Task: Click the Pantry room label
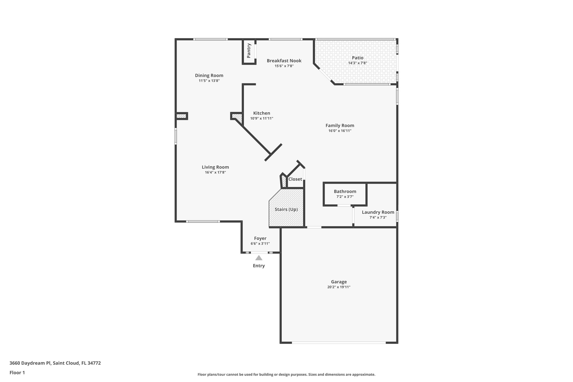(249, 51)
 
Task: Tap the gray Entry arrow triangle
(259, 258)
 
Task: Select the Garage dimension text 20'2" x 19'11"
(339, 287)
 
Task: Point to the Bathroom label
(345, 191)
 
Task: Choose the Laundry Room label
(378, 212)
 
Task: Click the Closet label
(295, 179)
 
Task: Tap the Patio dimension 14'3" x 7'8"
(358, 63)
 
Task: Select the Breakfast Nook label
(284, 61)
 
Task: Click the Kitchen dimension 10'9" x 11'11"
(262, 118)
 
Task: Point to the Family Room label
(340, 125)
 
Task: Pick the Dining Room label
(209, 75)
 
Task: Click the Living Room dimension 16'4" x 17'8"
(215, 172)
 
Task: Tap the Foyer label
(260, 238)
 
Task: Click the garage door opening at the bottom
(339, 343)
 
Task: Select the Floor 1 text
(17, 372)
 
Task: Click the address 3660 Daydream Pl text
(55, 363)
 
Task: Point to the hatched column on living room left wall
(181, 116)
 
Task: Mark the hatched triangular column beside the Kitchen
(237, 117)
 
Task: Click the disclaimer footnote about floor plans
(286, 374)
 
